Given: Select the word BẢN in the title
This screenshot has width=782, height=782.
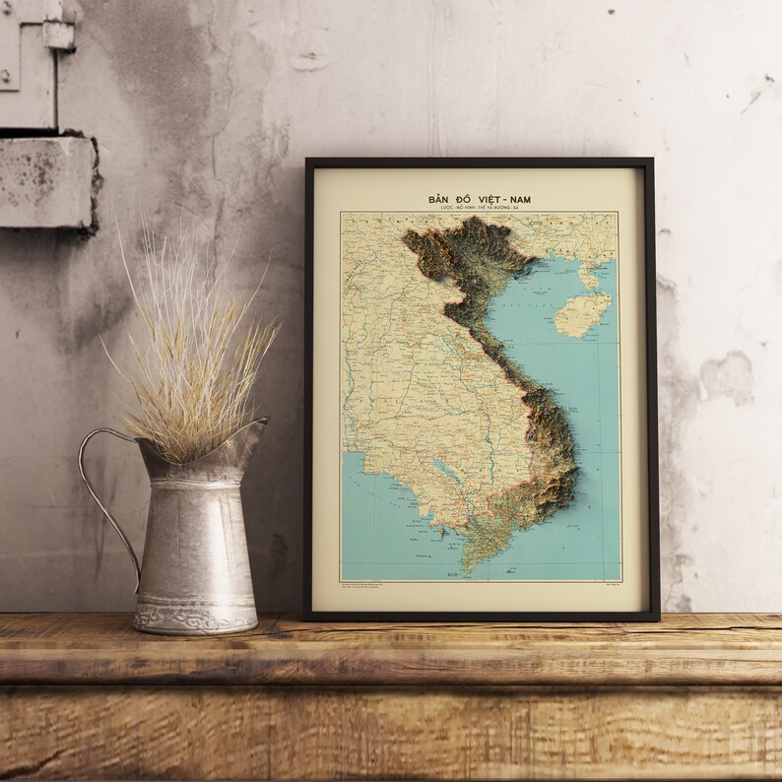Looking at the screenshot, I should click(439, 199).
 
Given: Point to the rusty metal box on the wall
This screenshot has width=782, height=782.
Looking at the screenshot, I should click(44, 182).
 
